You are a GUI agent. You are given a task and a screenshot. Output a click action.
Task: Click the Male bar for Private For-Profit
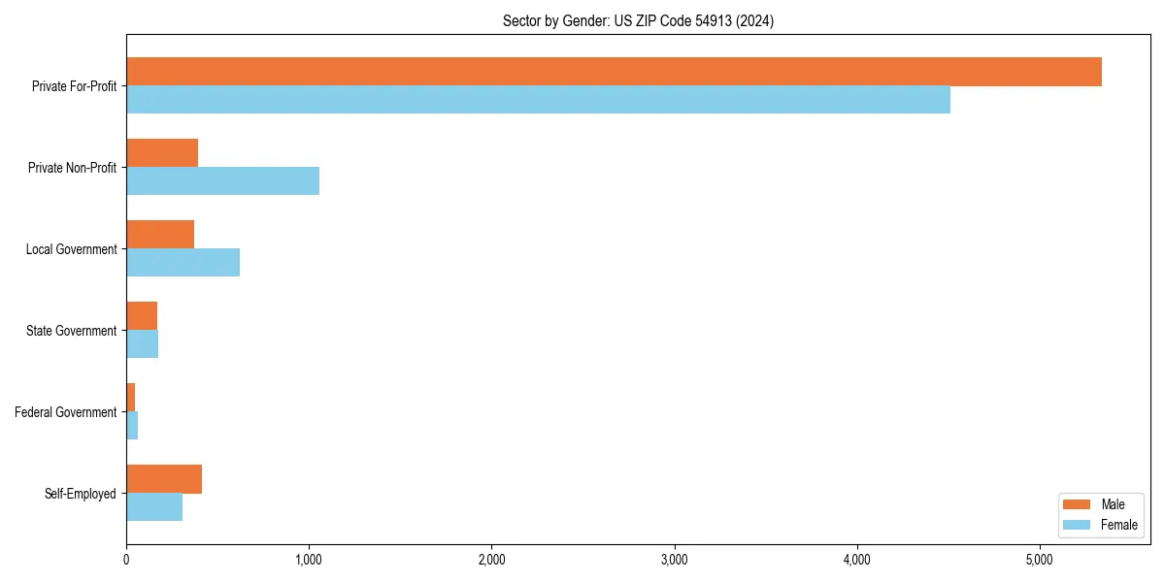(614, 72)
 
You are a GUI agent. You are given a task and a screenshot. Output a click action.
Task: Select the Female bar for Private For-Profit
(538, 99)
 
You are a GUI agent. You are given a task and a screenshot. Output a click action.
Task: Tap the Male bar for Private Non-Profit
(162, 153)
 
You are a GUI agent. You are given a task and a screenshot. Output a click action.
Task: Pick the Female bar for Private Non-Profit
(222, 180)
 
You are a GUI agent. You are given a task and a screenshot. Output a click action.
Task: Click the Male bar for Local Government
(160, 235)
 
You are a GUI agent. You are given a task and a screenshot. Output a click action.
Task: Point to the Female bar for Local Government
(183, 262)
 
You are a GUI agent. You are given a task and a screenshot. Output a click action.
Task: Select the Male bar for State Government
(142, 316)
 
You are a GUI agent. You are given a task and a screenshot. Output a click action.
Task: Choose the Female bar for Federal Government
(132, 425)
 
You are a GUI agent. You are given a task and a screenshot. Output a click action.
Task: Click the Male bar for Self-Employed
(164, 479)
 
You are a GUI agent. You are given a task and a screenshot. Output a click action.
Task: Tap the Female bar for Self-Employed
(154, 506)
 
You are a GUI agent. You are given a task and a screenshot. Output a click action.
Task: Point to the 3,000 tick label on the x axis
(674, 560)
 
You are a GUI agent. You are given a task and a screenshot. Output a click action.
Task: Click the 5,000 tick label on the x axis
(1039, 560)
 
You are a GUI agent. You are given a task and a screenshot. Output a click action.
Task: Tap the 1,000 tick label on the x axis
(309, 560)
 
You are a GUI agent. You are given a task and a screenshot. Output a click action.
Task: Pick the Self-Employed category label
(81, 494)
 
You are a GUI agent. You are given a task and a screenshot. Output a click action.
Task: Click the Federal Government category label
(66, 412)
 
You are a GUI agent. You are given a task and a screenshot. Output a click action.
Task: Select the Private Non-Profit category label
(72, 168)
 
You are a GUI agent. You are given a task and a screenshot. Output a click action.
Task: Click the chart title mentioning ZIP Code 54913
(638, 20)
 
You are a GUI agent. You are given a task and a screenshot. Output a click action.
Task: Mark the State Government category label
(72, 331)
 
